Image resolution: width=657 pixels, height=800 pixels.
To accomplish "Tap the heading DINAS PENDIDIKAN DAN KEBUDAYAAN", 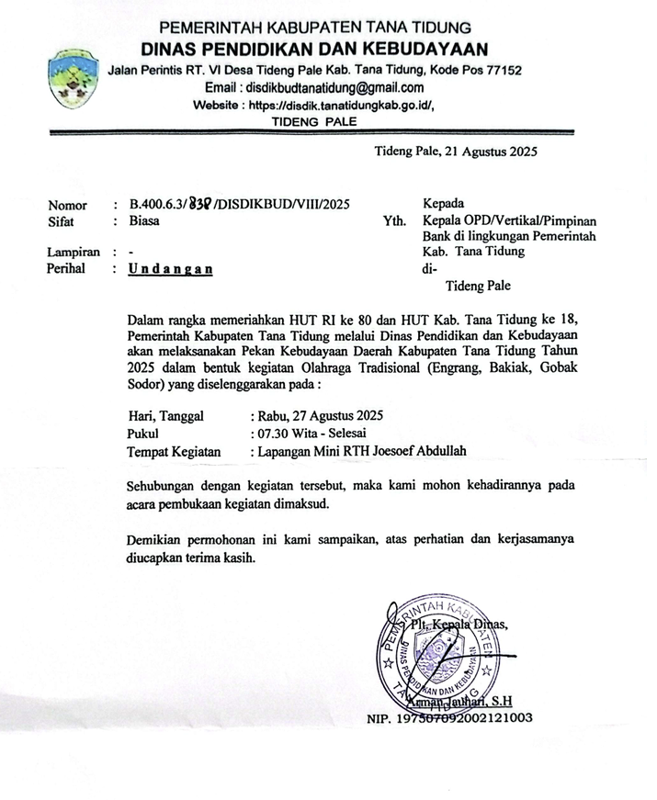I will click(x=315, y=49).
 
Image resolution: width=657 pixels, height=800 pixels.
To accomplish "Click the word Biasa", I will click(x=146, y=221).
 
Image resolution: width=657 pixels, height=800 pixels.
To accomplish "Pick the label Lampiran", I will click(x=74, y=252).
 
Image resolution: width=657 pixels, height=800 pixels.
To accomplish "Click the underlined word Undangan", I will click(x=170, y=269).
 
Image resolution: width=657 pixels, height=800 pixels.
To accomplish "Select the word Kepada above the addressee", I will click(x=444, y=203).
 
